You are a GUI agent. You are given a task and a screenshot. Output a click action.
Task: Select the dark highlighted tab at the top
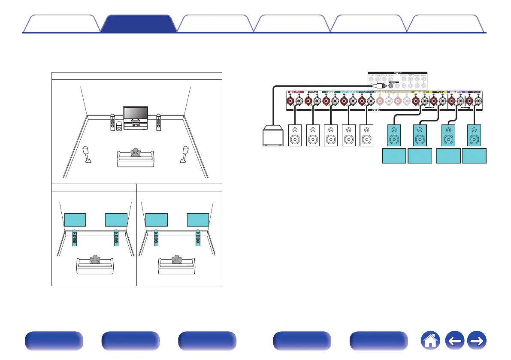coord(138,24)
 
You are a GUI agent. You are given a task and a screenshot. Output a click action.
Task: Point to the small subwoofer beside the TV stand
coord(119,127)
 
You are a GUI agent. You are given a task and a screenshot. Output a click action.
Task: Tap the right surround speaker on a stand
coord(185,154)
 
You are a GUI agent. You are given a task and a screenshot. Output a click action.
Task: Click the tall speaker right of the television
coord(159,123)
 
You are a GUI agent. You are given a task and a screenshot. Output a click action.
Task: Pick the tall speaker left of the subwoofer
coord(112,123)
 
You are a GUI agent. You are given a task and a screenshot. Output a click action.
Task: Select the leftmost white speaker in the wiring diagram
coord(295,136)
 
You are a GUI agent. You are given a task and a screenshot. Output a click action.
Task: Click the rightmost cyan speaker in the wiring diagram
coord(474,136)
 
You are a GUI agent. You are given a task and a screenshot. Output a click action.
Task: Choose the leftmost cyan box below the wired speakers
coord(394,156)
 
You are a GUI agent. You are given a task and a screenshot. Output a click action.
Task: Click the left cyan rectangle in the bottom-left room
coord(75,219)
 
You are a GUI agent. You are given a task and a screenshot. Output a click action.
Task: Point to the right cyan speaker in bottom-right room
coord(197,239)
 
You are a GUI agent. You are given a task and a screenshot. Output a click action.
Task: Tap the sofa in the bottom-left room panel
coord(94,266)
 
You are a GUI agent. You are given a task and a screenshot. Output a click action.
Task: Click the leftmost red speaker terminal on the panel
coord(290,102)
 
